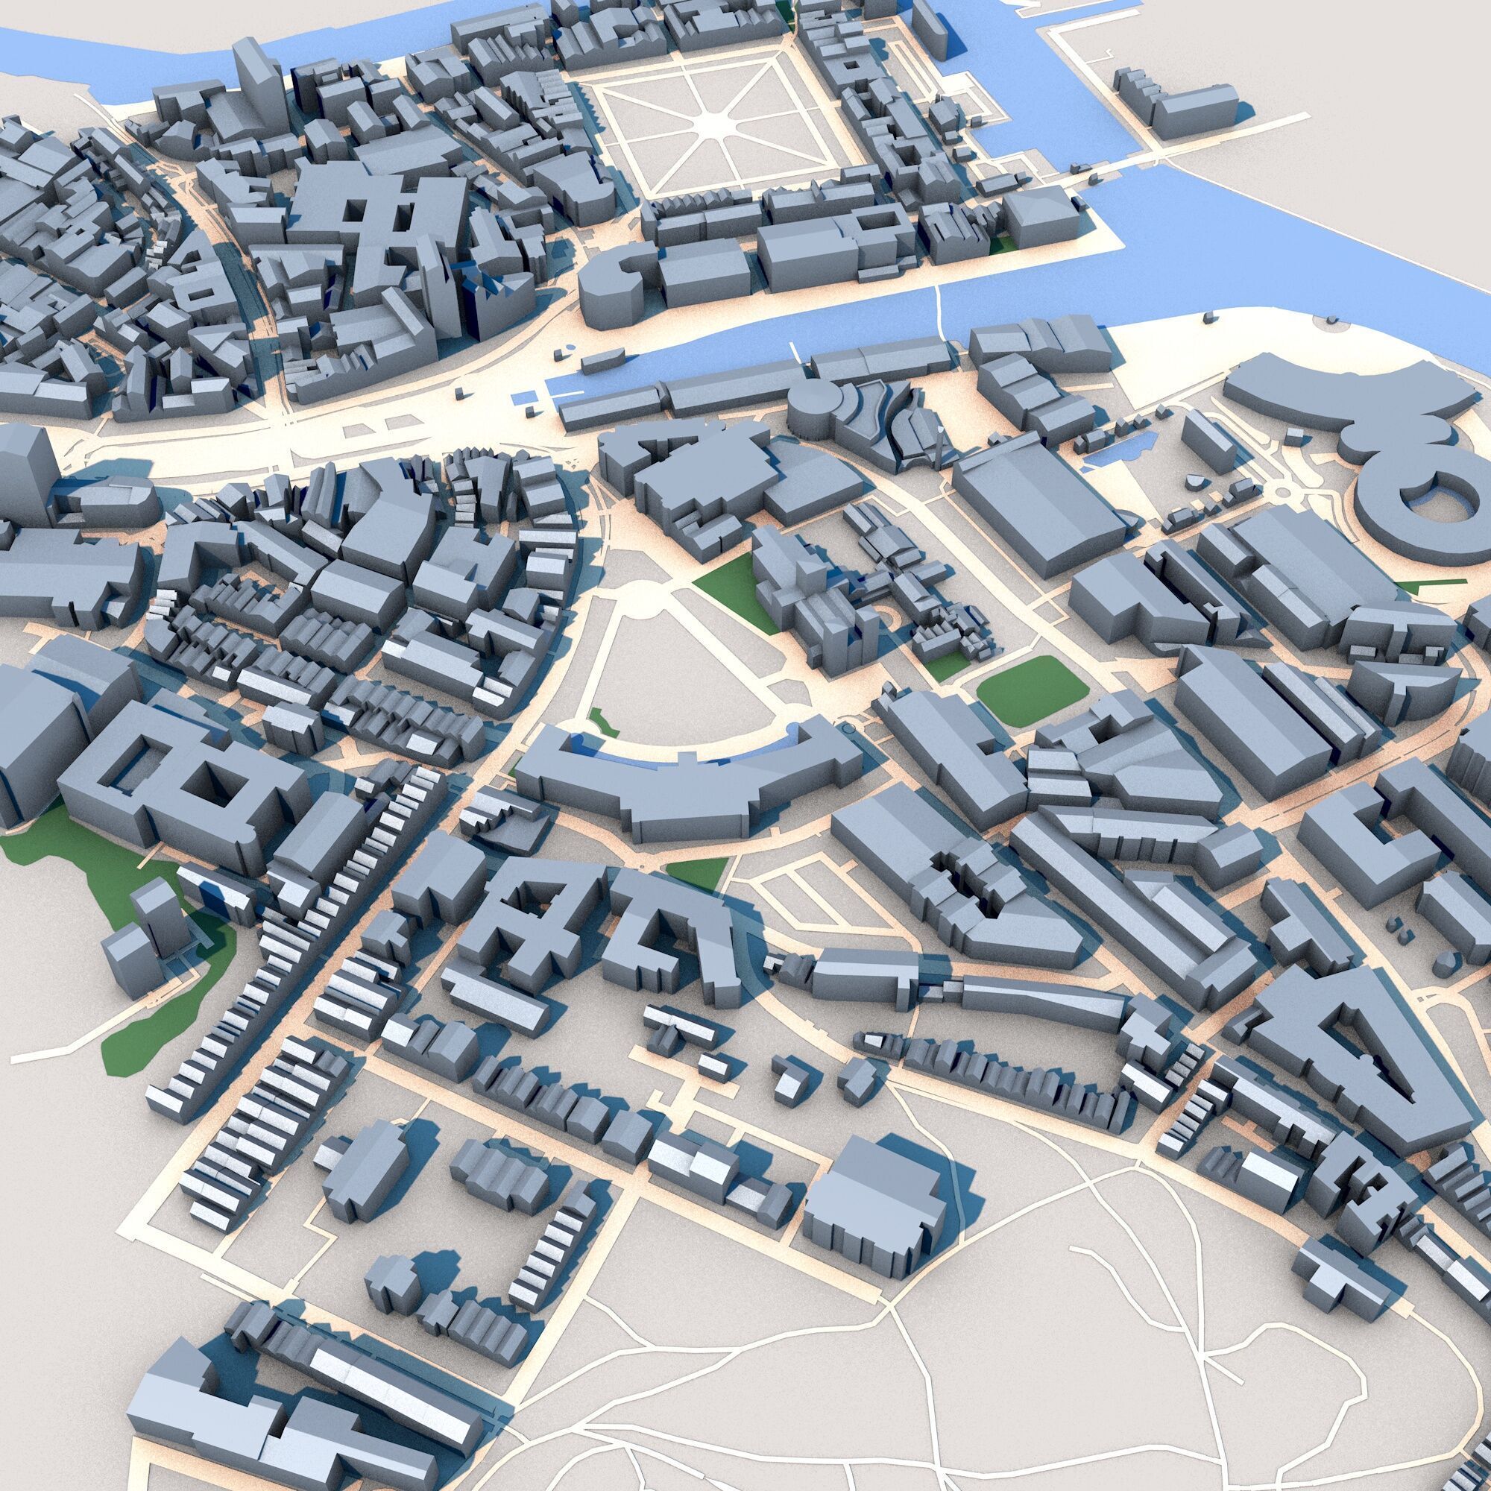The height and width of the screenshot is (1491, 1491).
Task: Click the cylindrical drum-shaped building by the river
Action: click(810, 403)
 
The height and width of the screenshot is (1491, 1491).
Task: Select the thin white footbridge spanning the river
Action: click(941, 305)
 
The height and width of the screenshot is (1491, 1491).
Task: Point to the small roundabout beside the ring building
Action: click(1284, 488)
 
